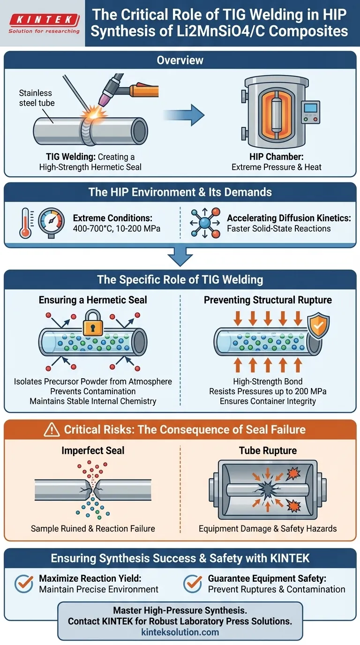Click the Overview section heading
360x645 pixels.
[x=180, y=60]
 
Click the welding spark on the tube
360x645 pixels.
[x=90, y=112]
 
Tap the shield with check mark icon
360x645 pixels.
[x=317, y=324]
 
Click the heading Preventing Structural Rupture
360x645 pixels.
[x=268, y=300]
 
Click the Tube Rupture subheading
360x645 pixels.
[x=268, y=450]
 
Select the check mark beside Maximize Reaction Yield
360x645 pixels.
[x=24, y=583]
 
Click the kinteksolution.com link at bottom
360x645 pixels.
[x=180, y=632]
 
